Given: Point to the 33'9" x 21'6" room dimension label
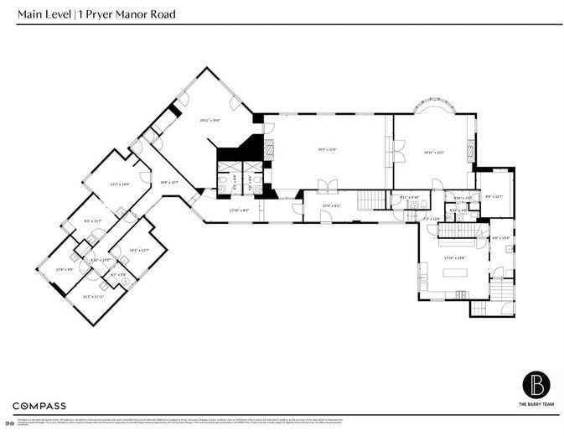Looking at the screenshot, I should (x=327, y=150).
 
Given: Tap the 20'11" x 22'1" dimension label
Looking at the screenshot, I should (x=433, y=152).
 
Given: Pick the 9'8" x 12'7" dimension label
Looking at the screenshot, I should (x=494, y=196).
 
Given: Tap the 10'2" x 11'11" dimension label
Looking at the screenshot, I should (x=92, y=296).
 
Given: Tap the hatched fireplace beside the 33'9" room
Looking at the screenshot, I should (x=270, y=150).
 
